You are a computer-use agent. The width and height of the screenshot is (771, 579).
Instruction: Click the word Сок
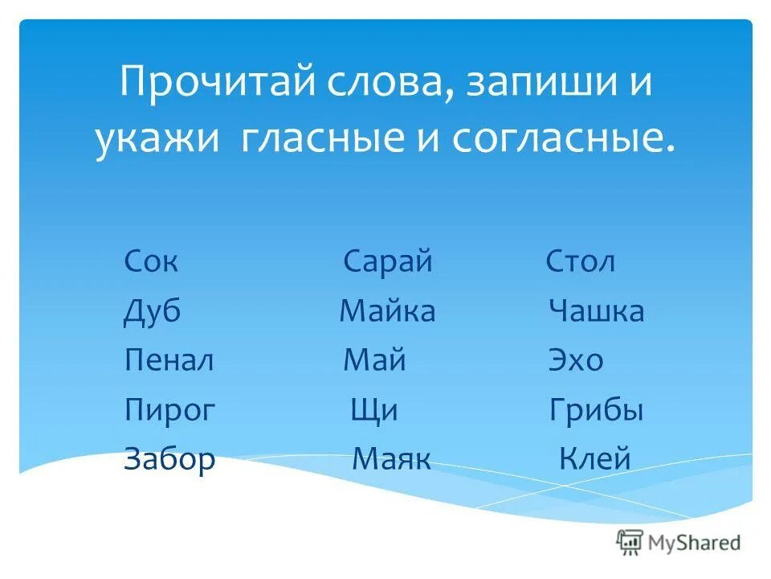[150, 262]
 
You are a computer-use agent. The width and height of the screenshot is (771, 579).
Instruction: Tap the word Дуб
[152, 312]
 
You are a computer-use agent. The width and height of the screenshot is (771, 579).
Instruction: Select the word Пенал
[169, 360]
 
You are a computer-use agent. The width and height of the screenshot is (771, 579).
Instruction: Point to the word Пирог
[169, 411]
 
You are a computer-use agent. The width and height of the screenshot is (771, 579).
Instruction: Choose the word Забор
[169, 459]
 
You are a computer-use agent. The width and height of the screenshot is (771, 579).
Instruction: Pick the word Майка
[387, 311]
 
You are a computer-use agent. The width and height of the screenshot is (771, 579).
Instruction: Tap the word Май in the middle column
[374, 360]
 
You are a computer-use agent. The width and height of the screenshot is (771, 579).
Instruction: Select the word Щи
[374, 411]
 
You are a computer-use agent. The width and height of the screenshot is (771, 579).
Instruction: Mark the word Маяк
[392, 459]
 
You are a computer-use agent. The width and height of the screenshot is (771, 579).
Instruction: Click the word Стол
[581, 262]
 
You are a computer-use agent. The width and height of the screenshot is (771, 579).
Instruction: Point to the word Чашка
[596, 311]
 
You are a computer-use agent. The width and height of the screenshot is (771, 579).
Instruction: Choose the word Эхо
[575, 360]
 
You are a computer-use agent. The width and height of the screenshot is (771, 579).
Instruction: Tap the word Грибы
[596, 411]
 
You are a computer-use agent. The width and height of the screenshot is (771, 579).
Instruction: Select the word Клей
[594, 459]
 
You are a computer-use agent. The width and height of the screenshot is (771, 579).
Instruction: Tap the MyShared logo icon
[630, 542]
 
